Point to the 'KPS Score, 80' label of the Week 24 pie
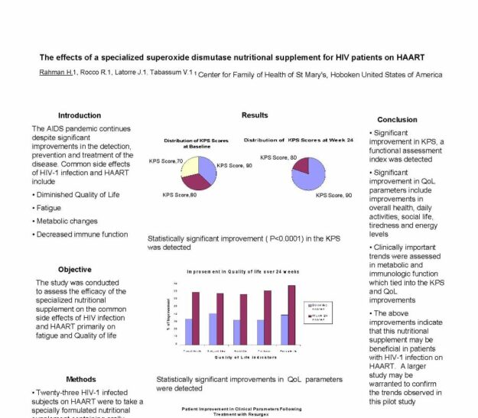coord(278,157)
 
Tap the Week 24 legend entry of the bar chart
coord(320,316)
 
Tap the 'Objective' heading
coord(74,269)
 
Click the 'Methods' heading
coord(81,379)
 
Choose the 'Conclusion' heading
coord(398,120)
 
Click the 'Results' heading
coord(255,115)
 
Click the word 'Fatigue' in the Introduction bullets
coord(49,208)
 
